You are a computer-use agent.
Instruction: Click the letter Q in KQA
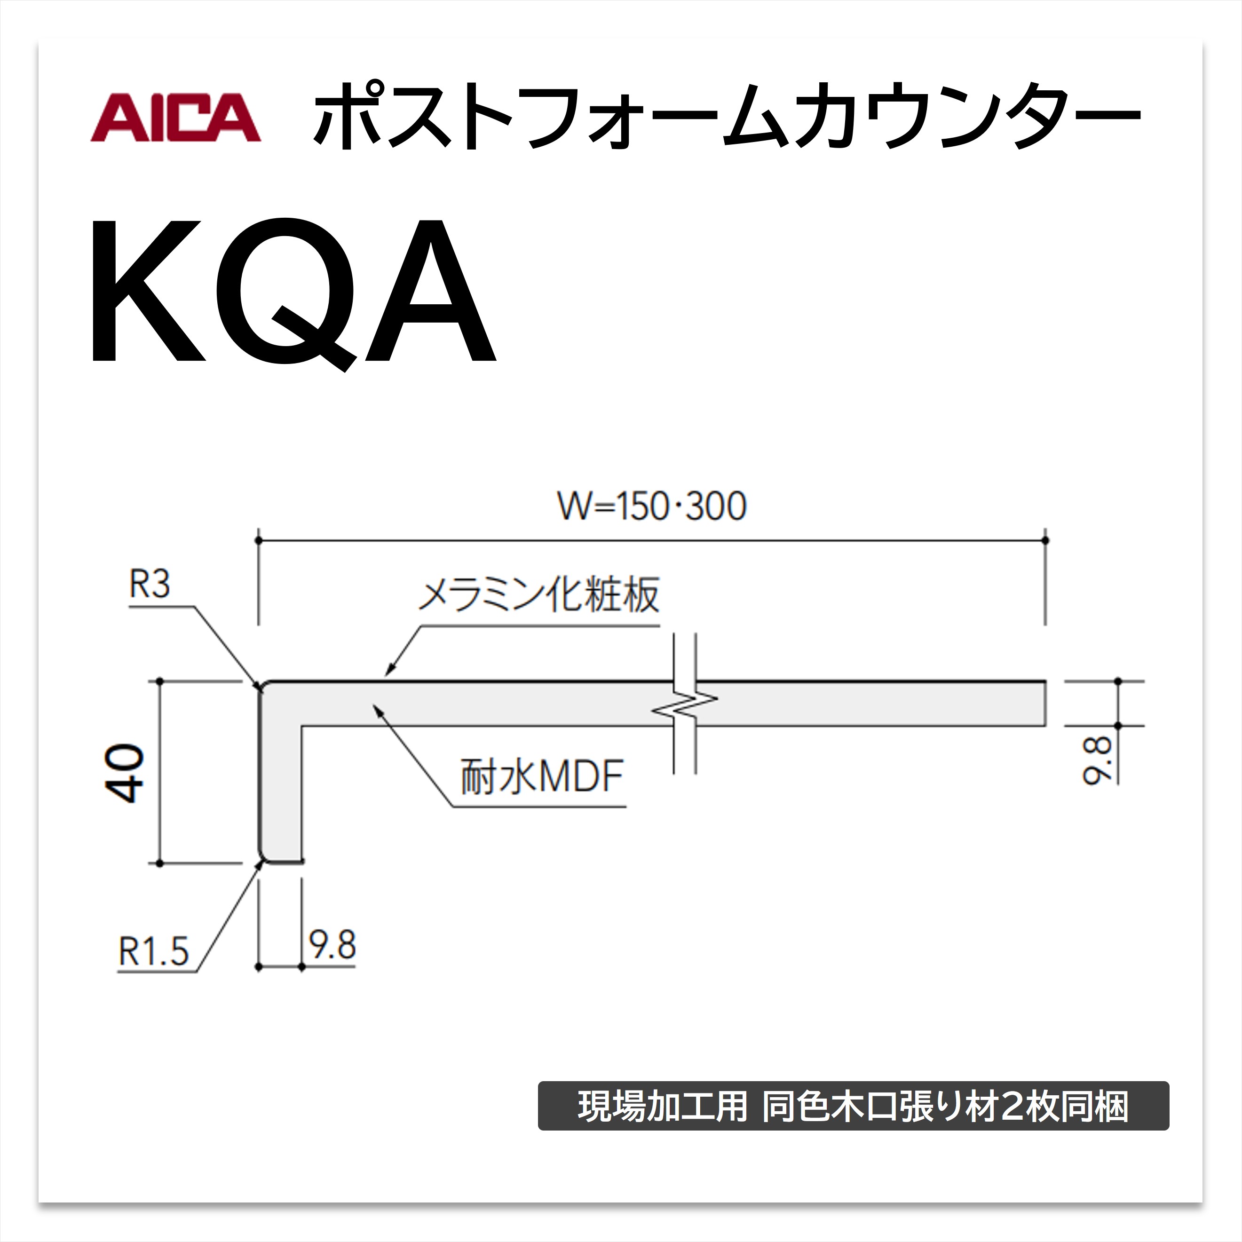click(285, 293)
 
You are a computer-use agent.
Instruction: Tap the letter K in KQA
click(148, 291)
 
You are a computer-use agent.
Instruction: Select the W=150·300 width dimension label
click(651, 506)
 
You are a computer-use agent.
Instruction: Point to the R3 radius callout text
click(149, 585)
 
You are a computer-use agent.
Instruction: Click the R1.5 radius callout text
click(153, 951)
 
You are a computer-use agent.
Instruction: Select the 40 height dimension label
click(125, 774)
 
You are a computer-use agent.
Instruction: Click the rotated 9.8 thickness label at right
click(1096, 761)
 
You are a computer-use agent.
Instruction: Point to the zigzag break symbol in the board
click(685, 704)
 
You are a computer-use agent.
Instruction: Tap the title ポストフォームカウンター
click(727, 117)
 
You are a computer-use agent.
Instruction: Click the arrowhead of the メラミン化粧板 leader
click(387, 672)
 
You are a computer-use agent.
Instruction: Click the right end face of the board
click(1044, 703)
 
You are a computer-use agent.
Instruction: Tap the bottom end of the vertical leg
click(281, 862)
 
